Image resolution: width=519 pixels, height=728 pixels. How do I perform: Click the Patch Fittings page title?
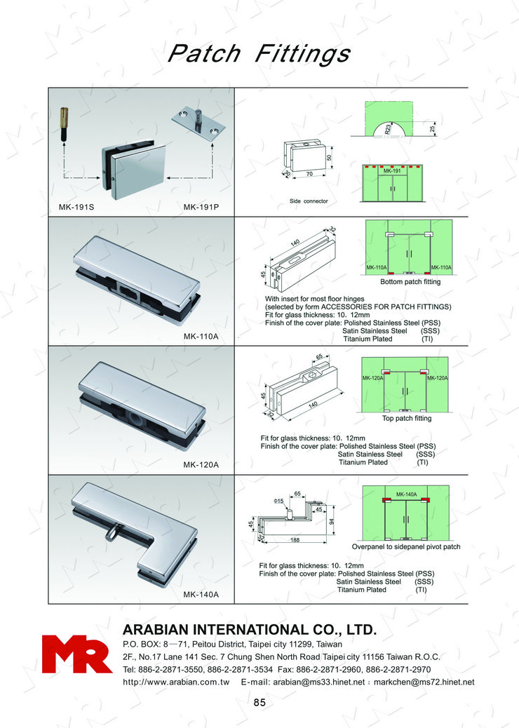pyautogui.click(x=259, y=53)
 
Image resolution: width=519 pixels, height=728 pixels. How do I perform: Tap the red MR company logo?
pyautogui.click(x=77, y=654)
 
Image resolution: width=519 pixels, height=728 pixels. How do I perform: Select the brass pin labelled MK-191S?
pyautogui.click(x=64, y=124)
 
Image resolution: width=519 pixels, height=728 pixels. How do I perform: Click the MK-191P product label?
pyautogui.click(x=201, y=207)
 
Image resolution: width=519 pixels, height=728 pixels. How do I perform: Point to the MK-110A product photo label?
pyautogui.click(x=201, y=336)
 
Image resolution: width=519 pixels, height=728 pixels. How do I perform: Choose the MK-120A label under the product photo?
pyautogui.click(x=201, y=465)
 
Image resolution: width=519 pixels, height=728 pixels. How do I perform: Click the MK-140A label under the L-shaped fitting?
pyautogui.click(x=201, y=594)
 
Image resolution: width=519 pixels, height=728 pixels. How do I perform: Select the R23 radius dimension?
pyautogui.click(x=388, y=128)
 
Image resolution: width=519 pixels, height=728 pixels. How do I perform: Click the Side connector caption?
pyautogui.click(x=309, y=201)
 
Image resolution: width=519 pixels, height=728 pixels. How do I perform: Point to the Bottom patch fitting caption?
pyautogui.click(x=410, y=282)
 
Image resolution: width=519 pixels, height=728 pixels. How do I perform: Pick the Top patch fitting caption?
pyautogui.click(x=407, y=418)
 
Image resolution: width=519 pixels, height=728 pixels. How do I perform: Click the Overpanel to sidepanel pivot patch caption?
pyautogui.click(x=406, y=547)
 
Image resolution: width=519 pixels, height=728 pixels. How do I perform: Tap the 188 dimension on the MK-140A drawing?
pyautogui.click(x=295, y=540)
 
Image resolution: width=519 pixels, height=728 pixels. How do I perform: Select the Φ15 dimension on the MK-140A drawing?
pyautogui.click(x=279, y=501)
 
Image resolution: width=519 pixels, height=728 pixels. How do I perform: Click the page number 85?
pyautogui.click(x=259, y=703)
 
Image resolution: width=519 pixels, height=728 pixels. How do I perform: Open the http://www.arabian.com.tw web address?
pyautogui.click(x=177, y=682)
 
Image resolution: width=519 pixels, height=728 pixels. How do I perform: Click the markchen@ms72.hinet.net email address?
pyautogui.click(x=424, y=682)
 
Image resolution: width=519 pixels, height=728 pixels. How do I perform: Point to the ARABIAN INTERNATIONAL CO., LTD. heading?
pyautogui.click(x=250, y=630)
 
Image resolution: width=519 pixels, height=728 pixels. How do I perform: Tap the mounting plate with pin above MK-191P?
pyautogui.click(x=198, y=122)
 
